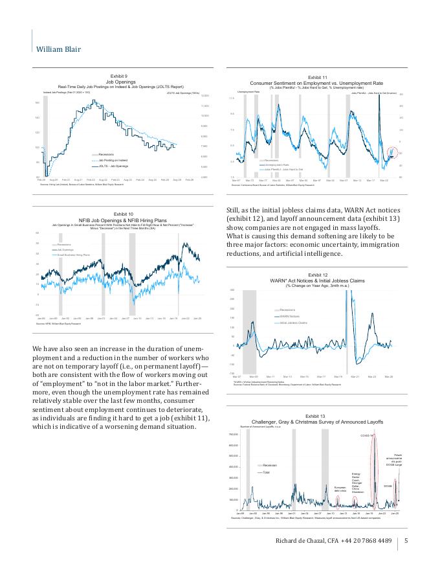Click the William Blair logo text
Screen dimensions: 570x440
click(x=58, y=49)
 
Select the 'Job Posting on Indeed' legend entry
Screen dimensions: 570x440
click(x=114, y=160)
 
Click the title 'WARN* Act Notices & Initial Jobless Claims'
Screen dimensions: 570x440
click(x=317, y=280)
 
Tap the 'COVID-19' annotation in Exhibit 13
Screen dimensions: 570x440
click(x=367, y=435)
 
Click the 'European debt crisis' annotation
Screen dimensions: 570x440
click(x=340, y=488)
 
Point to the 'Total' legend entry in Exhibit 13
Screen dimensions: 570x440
click(x=266, y=472)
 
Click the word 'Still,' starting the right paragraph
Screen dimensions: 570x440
click(x=233, y=209)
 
